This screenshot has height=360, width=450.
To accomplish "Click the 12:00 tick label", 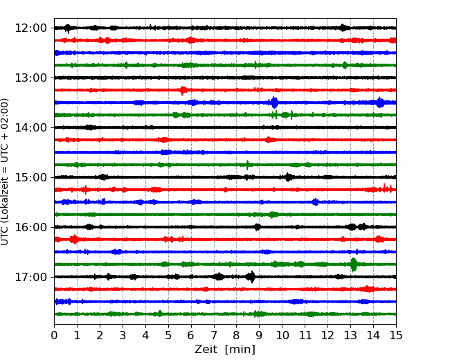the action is [30, 28].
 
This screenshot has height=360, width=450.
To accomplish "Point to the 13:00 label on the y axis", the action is [30, 78].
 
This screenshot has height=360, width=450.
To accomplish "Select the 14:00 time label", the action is [30, 127].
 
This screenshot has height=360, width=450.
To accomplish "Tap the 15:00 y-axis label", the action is [30, 177].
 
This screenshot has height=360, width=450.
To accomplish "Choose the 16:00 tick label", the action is [30, 227].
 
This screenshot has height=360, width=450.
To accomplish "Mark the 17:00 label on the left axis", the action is [30, 277].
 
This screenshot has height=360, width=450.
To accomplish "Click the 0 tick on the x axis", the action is [54, 335].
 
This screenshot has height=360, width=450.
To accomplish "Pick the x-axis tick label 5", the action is [168, 335].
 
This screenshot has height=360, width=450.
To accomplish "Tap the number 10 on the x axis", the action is [282, 335].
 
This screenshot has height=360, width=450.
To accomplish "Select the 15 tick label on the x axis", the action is [396, 335].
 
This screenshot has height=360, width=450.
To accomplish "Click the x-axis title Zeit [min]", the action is [225, 350].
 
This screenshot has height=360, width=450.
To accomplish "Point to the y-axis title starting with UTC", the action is [5, 172].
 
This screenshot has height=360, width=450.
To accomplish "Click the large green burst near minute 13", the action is [354, 264].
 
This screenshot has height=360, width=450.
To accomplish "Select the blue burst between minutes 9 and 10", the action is [274, 102].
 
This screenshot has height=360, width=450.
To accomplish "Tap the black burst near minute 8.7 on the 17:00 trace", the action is [251, 277].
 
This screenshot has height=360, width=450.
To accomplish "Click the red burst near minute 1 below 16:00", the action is [74, 239].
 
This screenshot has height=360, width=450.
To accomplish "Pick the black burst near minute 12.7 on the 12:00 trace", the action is [343, 28].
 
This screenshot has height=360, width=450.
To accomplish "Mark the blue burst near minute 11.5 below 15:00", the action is [316, 202].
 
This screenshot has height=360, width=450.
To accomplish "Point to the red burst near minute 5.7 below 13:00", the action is [183, 90].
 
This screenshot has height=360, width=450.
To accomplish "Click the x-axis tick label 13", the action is [350, 335].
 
